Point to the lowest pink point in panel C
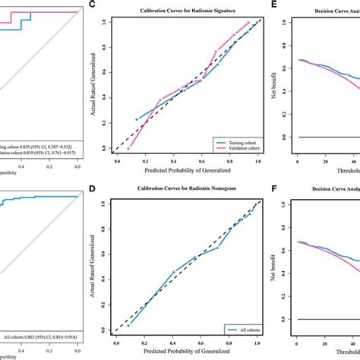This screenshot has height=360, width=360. click(x=128, y=148)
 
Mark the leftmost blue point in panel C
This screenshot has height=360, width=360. click(x=137, y=119)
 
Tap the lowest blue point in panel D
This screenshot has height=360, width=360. click(x=128, y=326)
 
